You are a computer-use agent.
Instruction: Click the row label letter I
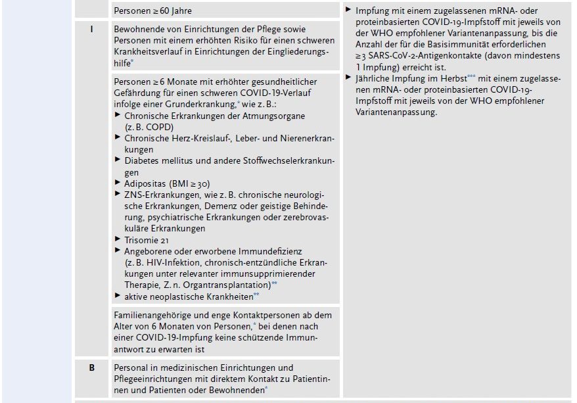tap(91, 30)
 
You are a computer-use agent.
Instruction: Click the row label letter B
tap(91, 367)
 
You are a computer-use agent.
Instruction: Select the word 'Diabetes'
tap(141, 160)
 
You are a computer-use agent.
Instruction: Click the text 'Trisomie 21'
tap(145, 240)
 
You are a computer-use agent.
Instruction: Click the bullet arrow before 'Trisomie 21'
tap(118, 240)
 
